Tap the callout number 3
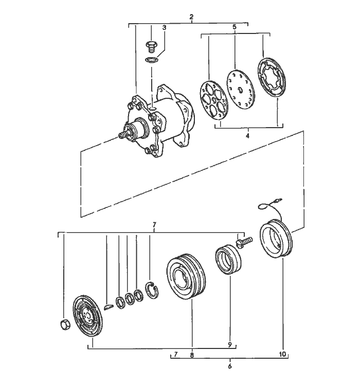(x=165, y=27)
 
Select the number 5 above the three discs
(x=234, y=27)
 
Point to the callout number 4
(x=247, y=136)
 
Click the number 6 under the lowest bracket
(x=230, y=366)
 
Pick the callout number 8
(x=192, y=355)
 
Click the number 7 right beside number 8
(x=175, y=355)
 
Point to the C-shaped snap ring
(x=152, y=290)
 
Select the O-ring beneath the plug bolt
(x=151, y=60)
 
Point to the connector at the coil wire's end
(x=277, y=202)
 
